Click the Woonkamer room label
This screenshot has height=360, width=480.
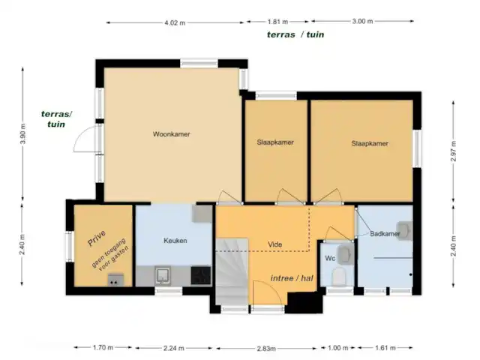pyautogui.click(x=172, y=134)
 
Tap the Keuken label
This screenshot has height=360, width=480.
pyautogui.click(x=175, y=241)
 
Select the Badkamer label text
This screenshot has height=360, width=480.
pyautogui.click(x=385, y=234)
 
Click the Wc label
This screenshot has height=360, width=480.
pyautogui.click(x=330, y=258)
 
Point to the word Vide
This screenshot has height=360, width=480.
pyautogui.click(x=275, y=244)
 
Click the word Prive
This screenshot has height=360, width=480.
pyautogui.click(x=97, y=238)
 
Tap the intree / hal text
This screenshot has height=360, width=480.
pyautogui.click(x=292, y=278)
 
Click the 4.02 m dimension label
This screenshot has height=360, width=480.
pyautogui.click(x=175, y=22)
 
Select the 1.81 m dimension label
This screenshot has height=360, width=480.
pyautogui.click(x=277, y=22)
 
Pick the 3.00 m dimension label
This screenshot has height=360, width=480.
pyautogui.click(x=362, y=21)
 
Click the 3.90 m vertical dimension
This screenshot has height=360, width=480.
pyautogui.click(x=23, y=133)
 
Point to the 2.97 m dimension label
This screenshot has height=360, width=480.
pyautogui.click(x=454, y=151)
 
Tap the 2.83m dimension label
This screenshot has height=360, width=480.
pyautogui.click(x=266, y=348)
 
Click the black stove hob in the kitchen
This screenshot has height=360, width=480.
pyautogui.click(x=201, y=275)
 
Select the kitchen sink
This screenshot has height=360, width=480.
pyautogui.click(x=162, y=275)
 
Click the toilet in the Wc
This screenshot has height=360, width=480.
pyautogui.click(x=338, y=277)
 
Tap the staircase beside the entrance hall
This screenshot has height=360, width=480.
pyautogui.click(x=232, y=271)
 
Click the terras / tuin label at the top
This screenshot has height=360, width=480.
pyautogui.click(x=295, y=34)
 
